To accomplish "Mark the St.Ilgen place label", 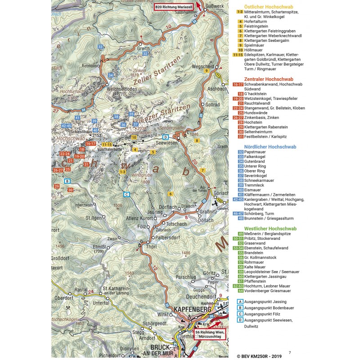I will click(94, 218).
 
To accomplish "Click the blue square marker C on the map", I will click(126, 194).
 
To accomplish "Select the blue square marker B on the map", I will click(67, 181).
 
